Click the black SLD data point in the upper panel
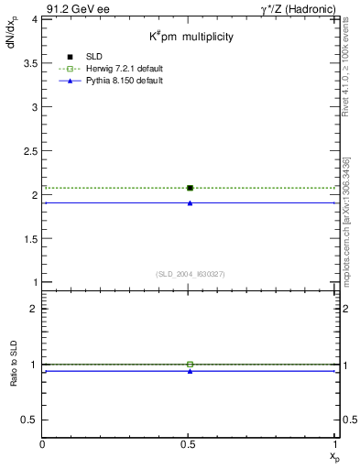pos(190,188)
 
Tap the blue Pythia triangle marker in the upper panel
pos(190,202)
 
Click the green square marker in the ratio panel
pos(190,365)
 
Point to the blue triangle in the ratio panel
pos(190,371)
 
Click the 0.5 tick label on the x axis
pos(190,444)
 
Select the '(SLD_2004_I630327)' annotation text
pos(190,274)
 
